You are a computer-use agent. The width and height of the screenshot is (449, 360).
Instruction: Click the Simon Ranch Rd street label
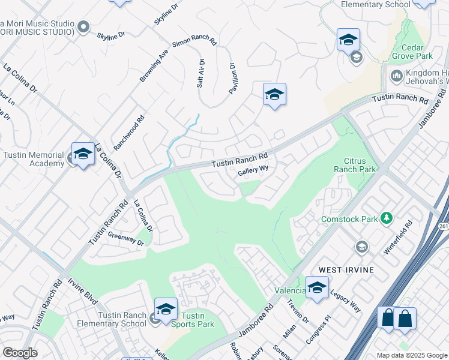click(194, 41)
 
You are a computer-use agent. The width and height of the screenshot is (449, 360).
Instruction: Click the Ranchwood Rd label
click(130, 133)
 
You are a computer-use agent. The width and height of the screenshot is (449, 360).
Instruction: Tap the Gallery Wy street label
click(253, 171)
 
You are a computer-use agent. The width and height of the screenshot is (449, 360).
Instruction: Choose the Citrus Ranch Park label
click(360, 165)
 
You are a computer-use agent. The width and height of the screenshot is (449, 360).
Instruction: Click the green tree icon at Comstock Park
click(387, 218)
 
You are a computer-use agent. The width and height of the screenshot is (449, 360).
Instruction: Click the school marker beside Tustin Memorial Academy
click(83, 154)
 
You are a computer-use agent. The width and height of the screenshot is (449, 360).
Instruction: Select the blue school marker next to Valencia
click(317, 286)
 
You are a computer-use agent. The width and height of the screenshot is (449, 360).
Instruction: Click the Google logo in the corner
click(20, 353)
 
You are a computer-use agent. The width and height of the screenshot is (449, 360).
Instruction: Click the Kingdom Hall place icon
click(396, 76)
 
